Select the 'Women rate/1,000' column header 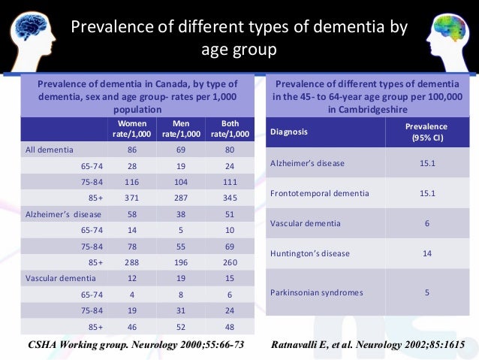pos(131,129)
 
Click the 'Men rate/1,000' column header pos(180,129)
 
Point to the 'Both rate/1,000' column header pos(230,129)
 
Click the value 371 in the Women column pos(131,198)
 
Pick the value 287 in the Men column pos(180,198)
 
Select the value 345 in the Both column pos(230,198)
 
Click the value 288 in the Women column pos(131,262)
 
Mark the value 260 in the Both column pos(230,262)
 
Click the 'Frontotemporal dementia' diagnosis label pos(319,193)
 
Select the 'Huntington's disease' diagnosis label pos(309,253)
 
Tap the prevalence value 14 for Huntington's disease pos(426,253)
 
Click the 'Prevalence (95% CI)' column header pos(426,132)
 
